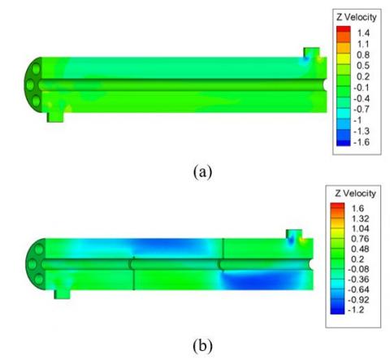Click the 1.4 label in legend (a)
click(x=363, y=33)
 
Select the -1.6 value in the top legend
click(x=362, y=142)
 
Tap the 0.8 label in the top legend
click(x=363, y=55)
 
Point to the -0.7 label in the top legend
click(x=362, y=109)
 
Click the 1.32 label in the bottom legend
click(x=360, y=219)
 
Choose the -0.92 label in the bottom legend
click(x=358, y=300)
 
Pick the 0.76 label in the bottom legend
click(x=360, y=239)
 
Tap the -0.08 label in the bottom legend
click(x=358, y=269)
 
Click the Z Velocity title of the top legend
click(x=357, y=17)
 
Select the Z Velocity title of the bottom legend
click(x=355, y=193)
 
